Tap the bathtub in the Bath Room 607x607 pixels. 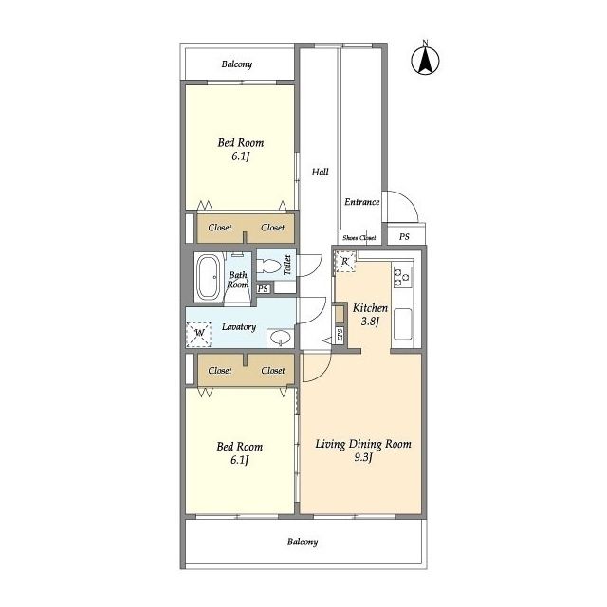tap(209, 277)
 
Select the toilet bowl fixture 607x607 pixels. tap(269, 267)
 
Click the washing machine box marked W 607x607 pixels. tap(198, 334)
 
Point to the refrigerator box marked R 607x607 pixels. tap(345, 262)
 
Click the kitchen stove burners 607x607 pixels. tap(402, 277)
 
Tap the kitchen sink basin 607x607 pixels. tap(402, 324)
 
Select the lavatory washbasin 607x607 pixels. tap(280, 339)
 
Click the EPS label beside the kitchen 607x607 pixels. tap(340, 335)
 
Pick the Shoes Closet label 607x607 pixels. tap(359, 238)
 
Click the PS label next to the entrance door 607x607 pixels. tap(404, 236)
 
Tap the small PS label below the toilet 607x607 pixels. tap(263, 288)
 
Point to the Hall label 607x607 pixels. tap(321, 172)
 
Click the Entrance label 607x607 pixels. tap(362, 202)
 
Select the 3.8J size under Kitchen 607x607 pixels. tap(370, 322)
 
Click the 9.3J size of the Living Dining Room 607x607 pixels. tap(363, 457)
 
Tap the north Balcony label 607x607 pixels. tap(237, 64)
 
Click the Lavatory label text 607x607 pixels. tap(239, 327)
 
